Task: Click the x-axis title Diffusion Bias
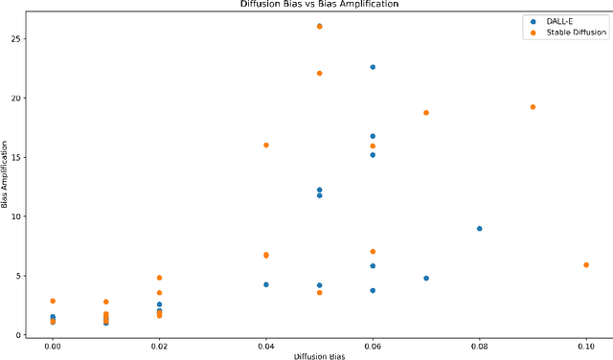(319, 355)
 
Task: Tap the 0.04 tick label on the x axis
(266, 345)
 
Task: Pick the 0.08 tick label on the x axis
(479, 345)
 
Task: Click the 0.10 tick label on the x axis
(586, 345)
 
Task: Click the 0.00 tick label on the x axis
(53, 345)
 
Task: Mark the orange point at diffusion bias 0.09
(533, 107)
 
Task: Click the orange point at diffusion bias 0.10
(586, 265)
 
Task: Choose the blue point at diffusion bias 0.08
(479, 229)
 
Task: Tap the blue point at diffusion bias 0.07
(426, 279)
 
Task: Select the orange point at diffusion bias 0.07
(426, 113)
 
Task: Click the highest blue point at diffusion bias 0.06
(373, 67)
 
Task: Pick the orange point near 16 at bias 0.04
(266, 146)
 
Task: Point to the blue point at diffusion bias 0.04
(266, 284)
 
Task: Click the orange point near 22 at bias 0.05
(319, 74)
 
